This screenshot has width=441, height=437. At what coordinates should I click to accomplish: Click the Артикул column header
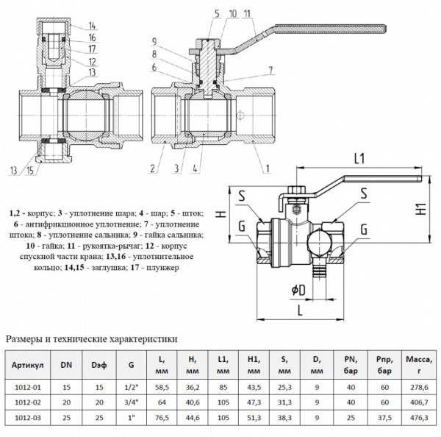click(x=29, y=364)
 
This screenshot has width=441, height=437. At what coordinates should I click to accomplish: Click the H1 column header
click(x=255, y=364)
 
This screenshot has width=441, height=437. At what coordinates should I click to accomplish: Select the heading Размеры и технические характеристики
click(x=92, y=339)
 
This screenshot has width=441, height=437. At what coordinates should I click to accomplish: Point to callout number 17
click(x=93, y=49)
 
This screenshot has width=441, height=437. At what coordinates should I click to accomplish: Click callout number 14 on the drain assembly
click(x=93, y=26)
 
